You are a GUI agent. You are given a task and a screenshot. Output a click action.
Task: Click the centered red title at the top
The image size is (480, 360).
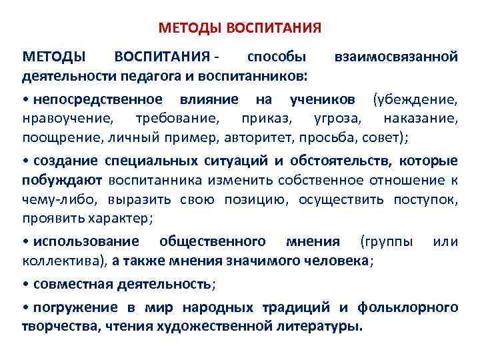coord(240,29)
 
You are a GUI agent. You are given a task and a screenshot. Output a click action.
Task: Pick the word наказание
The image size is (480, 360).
coord(421,119)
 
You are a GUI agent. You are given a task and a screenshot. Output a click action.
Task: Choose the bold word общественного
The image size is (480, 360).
coord(211,241)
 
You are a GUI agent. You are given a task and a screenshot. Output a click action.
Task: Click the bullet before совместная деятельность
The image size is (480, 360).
coord(25,284)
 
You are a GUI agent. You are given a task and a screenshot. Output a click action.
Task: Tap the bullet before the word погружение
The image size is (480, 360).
coord(25,308)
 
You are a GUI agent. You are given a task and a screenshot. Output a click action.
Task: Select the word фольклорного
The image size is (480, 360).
coord(408,308)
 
